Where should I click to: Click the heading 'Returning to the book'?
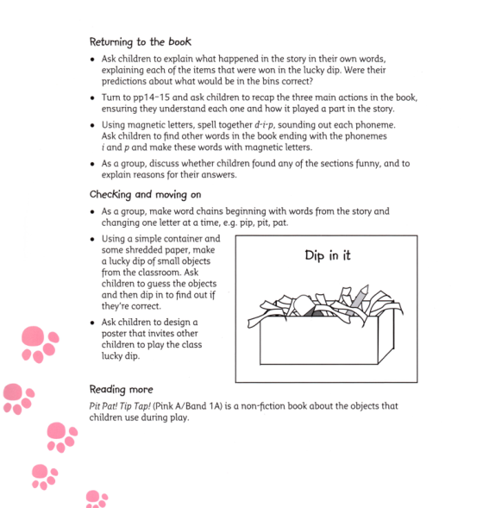coord(140,41)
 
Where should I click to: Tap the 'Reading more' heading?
coord(122,389)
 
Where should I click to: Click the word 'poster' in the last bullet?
coord(116,334)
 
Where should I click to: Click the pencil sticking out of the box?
coord(359,293)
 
